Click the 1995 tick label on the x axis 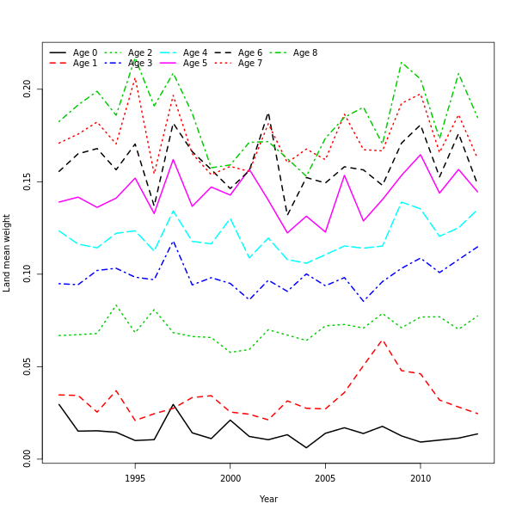tap(135, 478)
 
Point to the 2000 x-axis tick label tap(230, 478)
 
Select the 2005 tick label tap(325, 478)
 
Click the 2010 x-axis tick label tap(420, 478)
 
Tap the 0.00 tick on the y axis tap(28, 458)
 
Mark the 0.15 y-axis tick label tap(28, 181)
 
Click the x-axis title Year tap(268, 499)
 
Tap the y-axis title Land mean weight tap(7, 253)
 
